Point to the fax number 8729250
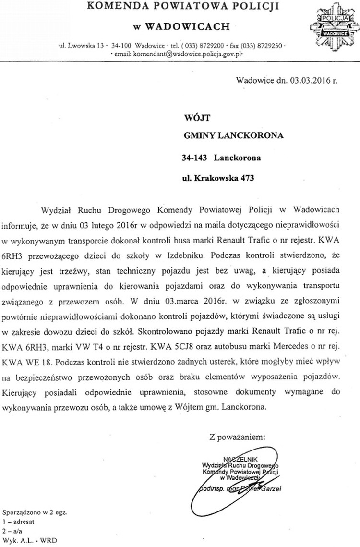pos(270,45)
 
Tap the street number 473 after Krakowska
pos(244,178)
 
